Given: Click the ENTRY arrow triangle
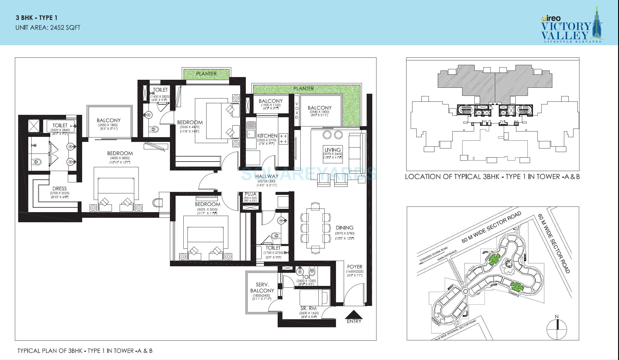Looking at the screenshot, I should [354, 315].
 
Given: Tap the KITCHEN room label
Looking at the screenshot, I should [267, 136].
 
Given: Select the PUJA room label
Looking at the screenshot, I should [251, 194].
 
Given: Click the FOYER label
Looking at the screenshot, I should [355, 267].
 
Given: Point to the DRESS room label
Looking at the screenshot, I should [60, 189].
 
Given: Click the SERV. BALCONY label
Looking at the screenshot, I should [262, 288].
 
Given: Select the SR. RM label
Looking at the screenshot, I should [308, 309].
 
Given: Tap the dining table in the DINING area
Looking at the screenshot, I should [315, 228].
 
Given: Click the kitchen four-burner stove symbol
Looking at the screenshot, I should [283, 139].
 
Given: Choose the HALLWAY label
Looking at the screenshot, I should [267, 176].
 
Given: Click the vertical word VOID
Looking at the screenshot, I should [297, 111].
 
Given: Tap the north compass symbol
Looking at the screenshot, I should [557, 329].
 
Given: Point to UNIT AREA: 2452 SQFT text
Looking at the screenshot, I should [48, 28].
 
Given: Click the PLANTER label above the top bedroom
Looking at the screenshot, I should [206, 74].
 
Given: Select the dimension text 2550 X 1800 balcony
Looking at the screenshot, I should [108, 125].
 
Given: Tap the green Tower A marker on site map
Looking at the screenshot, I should [517, 287].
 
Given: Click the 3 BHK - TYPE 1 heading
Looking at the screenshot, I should [36, 18].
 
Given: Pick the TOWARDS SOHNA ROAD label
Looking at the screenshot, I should [433, 254].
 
